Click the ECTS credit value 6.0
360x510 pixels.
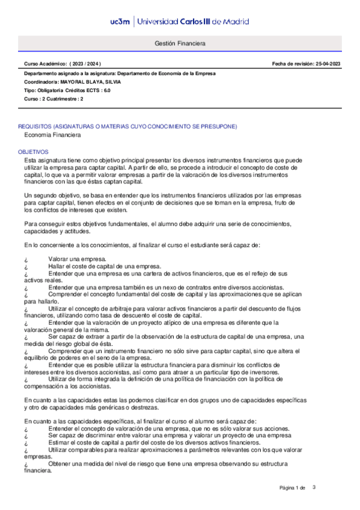point(106,90)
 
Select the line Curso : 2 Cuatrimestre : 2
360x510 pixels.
point(53,99)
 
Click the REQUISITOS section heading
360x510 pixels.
point(127,127)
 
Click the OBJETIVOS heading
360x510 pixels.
point(34,153)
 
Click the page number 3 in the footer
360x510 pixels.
point(314,487)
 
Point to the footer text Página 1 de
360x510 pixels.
point(293,488)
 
